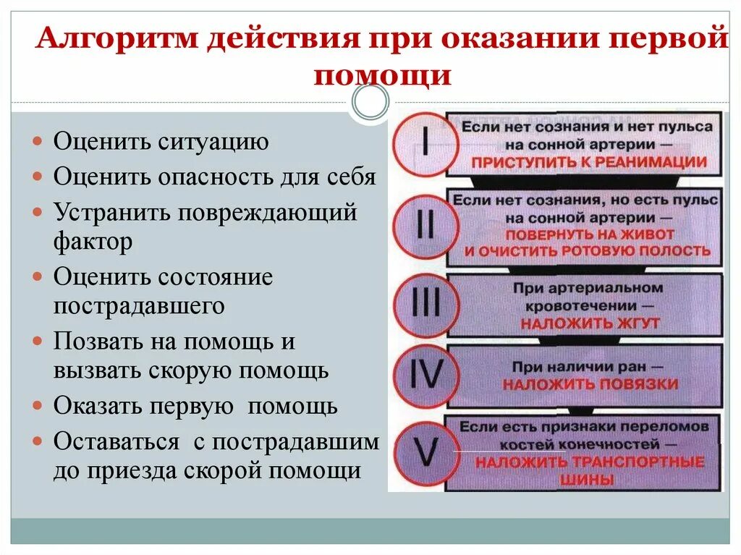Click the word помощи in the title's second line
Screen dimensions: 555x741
click(x=383, y=75)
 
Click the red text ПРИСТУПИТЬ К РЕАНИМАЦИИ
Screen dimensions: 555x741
click(x=587, y=162)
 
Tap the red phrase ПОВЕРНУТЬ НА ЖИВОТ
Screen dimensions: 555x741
click(x=589, y=234)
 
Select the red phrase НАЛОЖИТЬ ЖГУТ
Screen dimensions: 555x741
click(x=590, y=323)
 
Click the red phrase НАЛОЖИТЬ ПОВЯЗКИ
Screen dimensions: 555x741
click(x=590, y=384)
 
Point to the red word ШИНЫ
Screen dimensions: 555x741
click(x=590, y=479)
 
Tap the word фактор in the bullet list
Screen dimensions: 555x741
click(x=93, y=241)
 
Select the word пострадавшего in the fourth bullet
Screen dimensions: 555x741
click(x=139, y=305)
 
